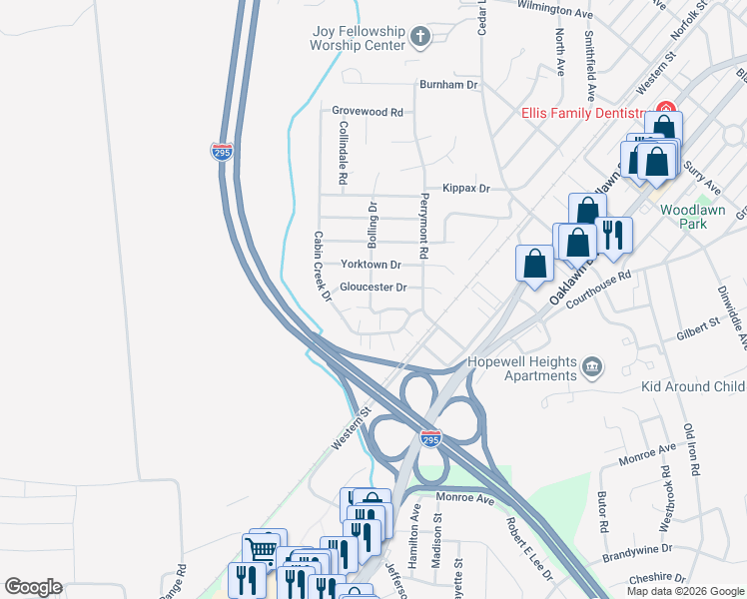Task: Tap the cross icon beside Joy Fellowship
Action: click(420, 39)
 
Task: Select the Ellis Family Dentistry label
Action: click(585, 114)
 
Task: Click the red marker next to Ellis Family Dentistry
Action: click(663, 110)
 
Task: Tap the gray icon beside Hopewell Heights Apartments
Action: click(593, 367)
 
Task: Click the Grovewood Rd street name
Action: click(368, 113)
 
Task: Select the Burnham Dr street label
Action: click(448, 85)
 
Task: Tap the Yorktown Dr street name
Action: click(371, 265)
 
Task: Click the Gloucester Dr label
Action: click(373, 288)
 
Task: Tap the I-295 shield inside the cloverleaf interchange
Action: click(430, 439)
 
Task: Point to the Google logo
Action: click(33, 587)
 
